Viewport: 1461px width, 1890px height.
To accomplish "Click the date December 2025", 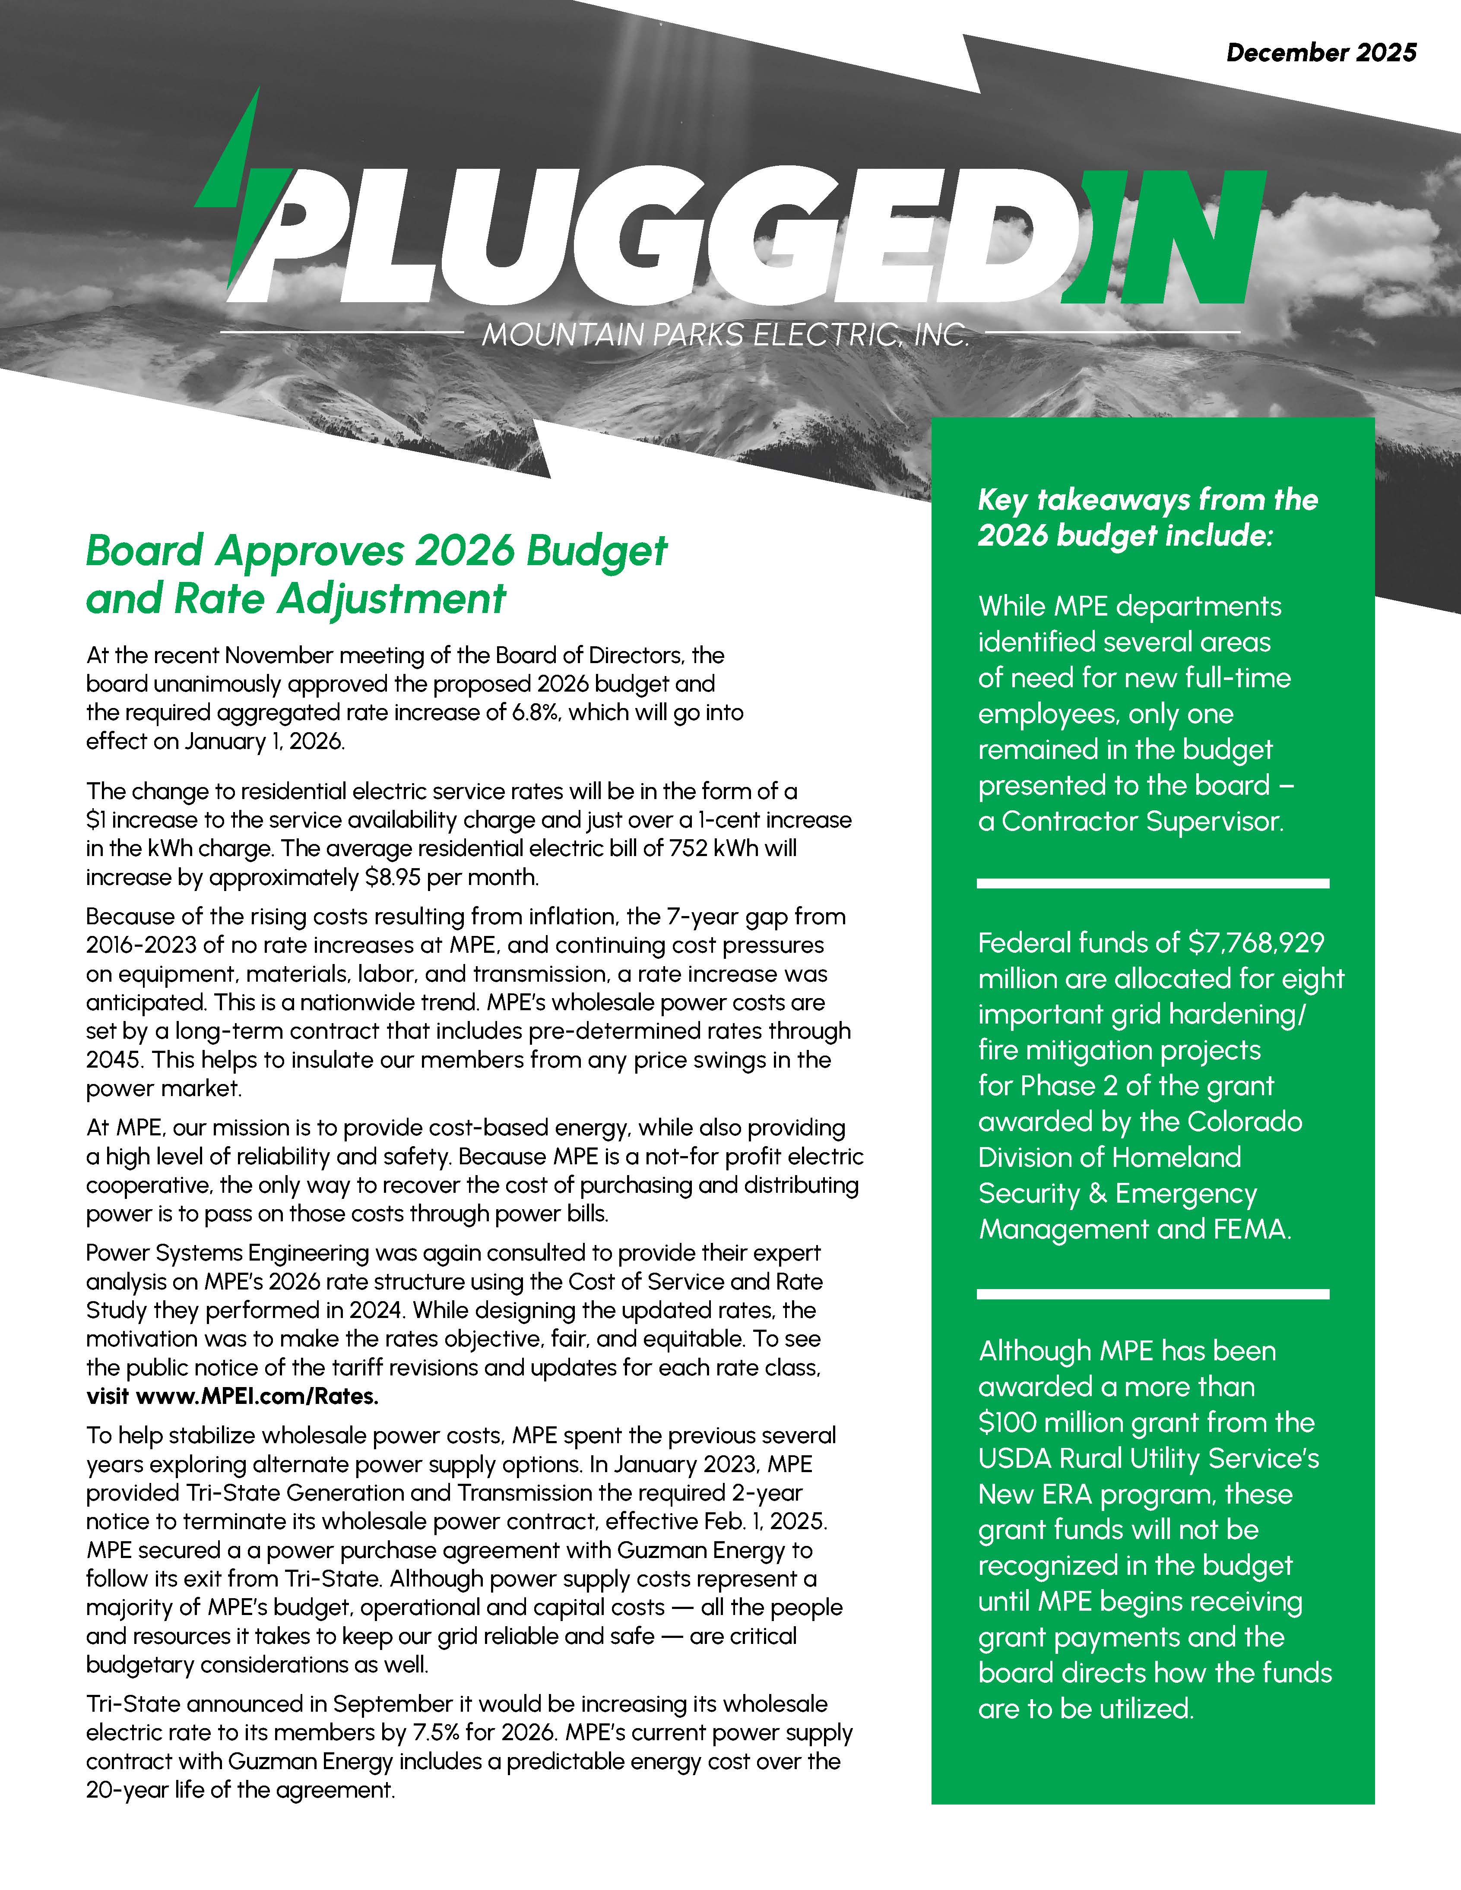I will pos(1321,53).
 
